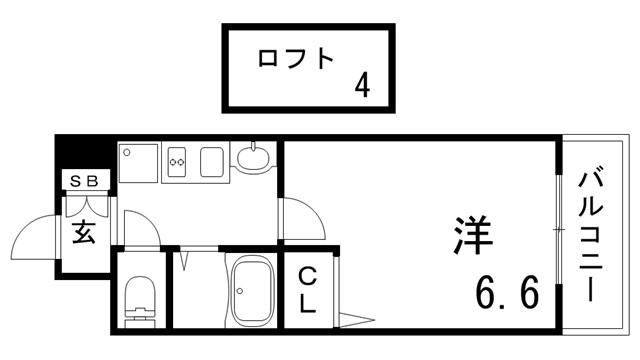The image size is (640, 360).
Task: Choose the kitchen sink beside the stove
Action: pos(213,161)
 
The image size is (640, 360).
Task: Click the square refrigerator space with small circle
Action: pos(138,163)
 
